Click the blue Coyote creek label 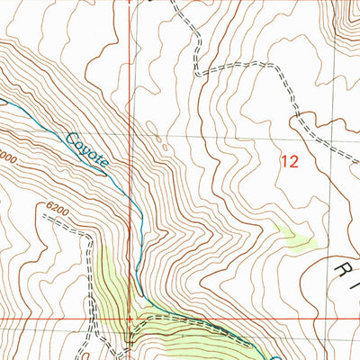(87, 150)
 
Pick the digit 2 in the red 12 (292, 163)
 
